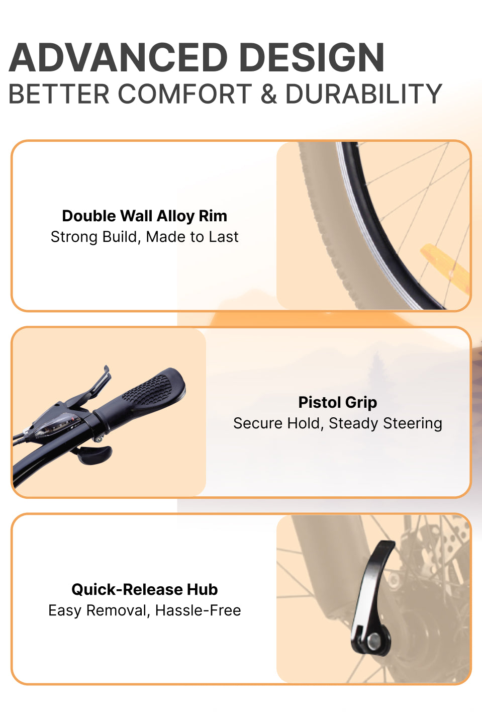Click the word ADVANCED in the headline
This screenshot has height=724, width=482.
pyautogui.click(x=118, y=57)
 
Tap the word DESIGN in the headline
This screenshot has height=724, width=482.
pyautogui.click(x=312, y=57)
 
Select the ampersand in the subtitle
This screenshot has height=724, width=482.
pyautogui.click(x=268, y=94)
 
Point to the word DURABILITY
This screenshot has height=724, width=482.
pyautogui.click(x=364, y=94)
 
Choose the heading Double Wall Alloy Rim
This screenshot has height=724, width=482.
pyautogui.click(x=144, y=216)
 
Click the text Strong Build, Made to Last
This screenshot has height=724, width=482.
pyautogui.click(x=144, y=237)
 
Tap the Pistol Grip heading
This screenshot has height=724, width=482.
pyautogui.click(x=338, y=402)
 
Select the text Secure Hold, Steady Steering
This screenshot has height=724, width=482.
pyautogui.click(x=338, y=423)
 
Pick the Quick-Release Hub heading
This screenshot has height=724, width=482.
pyautogui.click(x=144, y=590)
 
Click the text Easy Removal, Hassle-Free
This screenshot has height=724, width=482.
pyautogui.click(x=144, y=610)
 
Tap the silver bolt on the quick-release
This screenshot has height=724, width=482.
pyautogui.click(x=374, y=640)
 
